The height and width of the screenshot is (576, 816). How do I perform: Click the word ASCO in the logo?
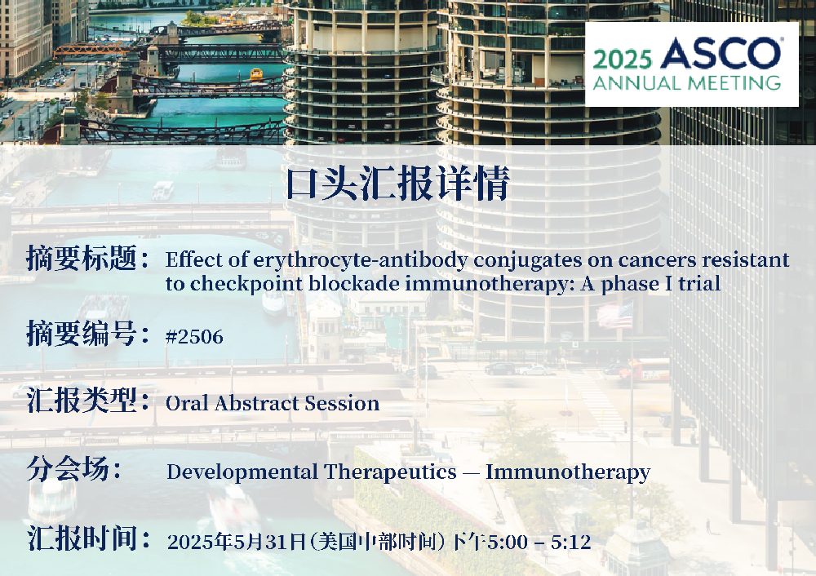[721, 53]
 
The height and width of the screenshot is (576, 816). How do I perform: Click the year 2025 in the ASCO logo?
[622, 60]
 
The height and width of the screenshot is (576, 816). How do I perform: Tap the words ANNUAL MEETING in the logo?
[687, 82]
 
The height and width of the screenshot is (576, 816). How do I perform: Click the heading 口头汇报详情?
[397, 183]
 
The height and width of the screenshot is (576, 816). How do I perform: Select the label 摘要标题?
[82, 258]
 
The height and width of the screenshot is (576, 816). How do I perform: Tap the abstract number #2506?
[194, 337]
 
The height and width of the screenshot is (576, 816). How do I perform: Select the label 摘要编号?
[82, 333]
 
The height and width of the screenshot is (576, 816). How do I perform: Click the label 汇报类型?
[82, 400]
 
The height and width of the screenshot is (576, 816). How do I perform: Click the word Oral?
[188, 403]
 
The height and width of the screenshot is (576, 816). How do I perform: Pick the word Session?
[342, 403]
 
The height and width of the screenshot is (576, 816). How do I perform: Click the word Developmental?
[242, 472]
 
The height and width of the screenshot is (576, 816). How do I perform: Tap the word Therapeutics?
[391, 472]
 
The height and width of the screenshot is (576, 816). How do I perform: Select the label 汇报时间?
[82, 538]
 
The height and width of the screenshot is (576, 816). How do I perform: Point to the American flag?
[615, 315]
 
